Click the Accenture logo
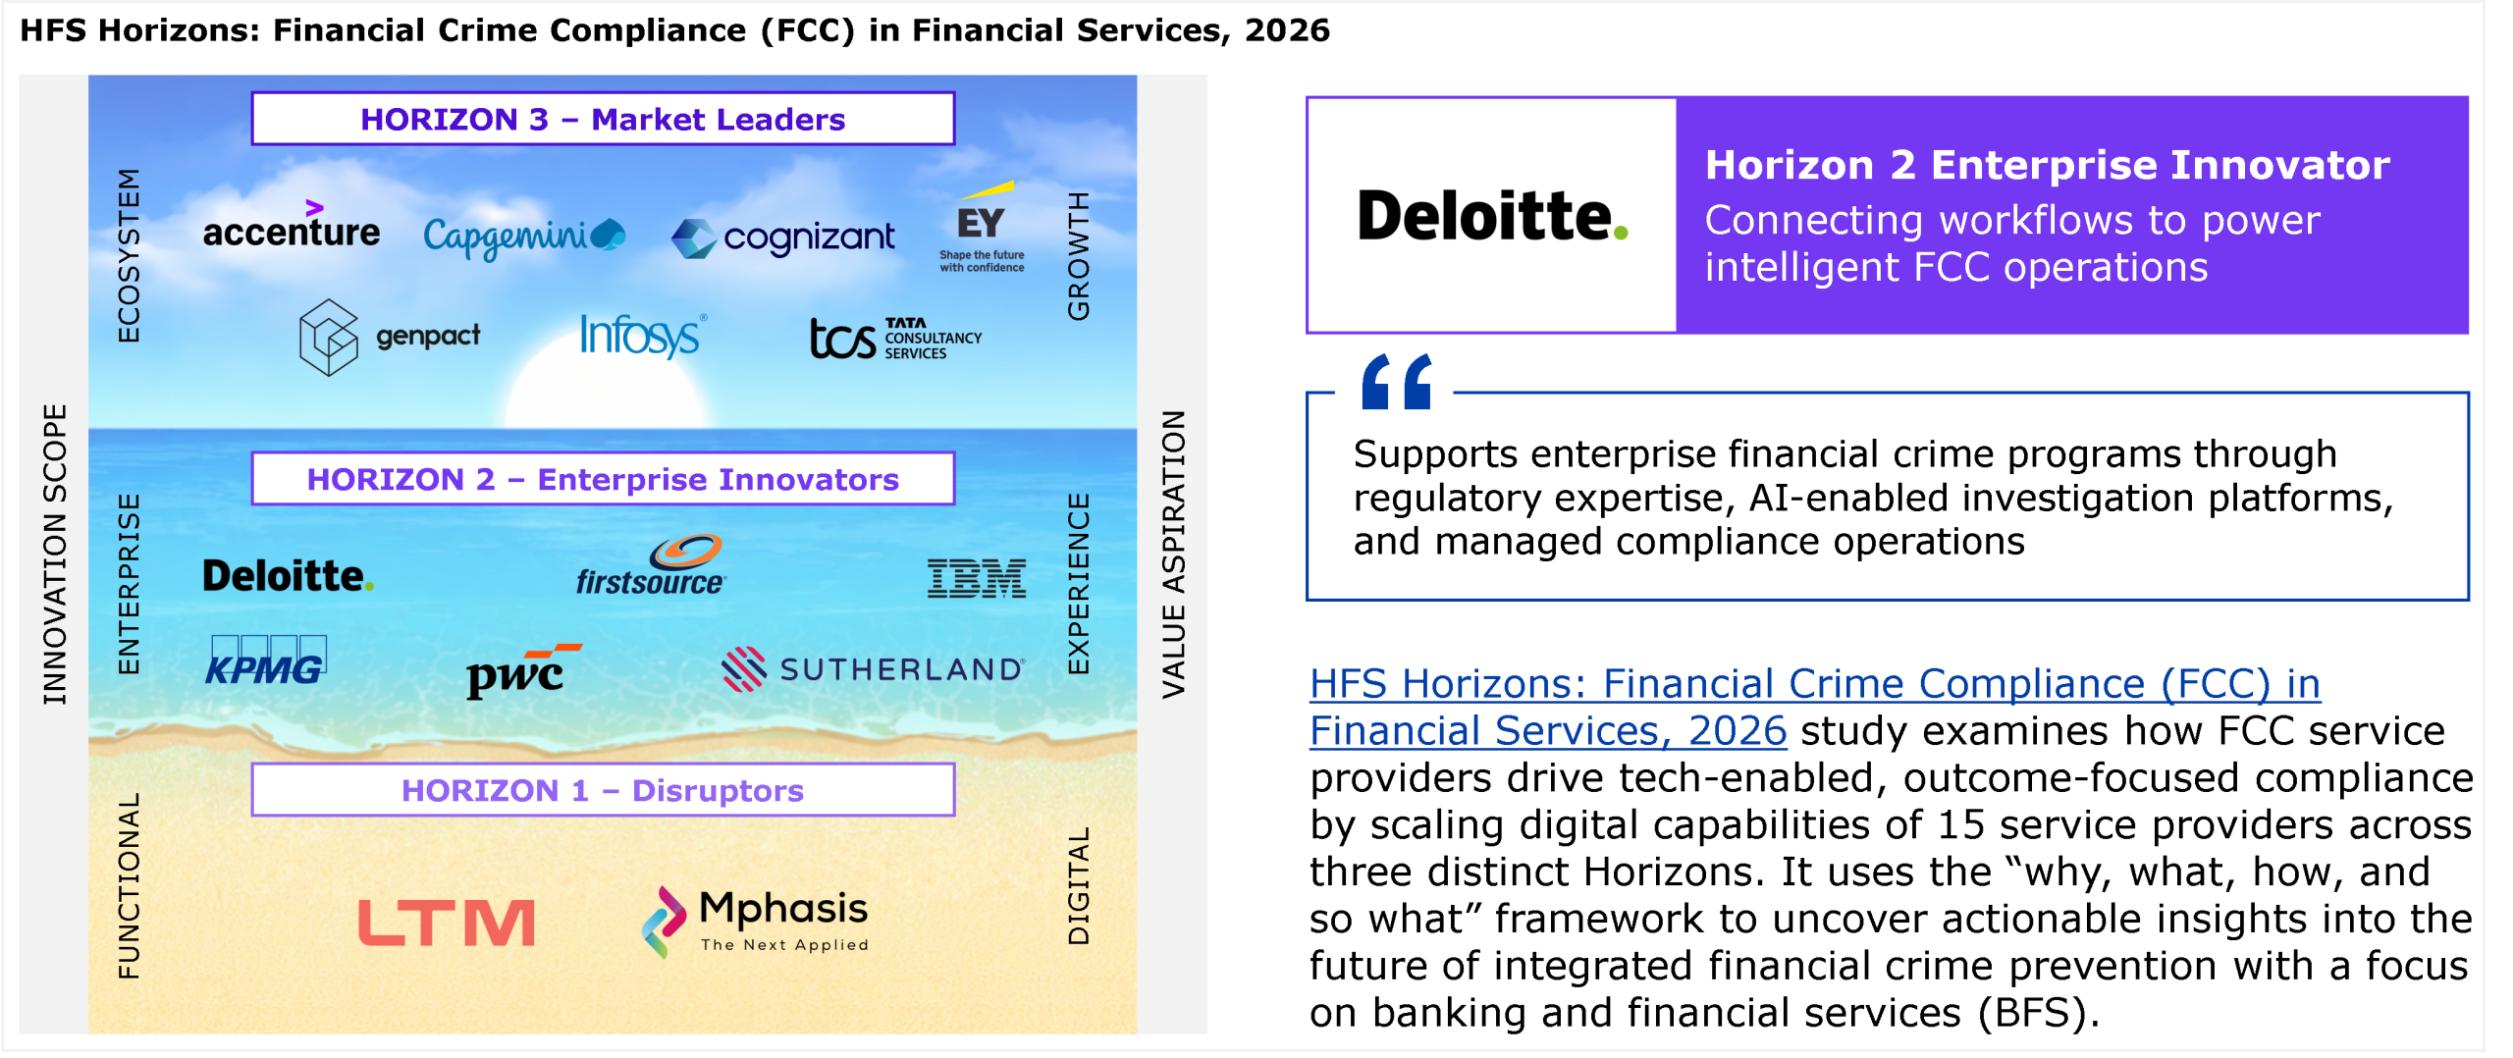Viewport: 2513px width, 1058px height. (x=291, y=226)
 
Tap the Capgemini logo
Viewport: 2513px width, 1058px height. (x=524, y=237)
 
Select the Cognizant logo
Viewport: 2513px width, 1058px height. (x=783, y=238)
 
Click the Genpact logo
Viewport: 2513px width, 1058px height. (x=390, y=337)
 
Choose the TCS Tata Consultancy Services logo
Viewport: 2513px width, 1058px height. (x=895, y=339)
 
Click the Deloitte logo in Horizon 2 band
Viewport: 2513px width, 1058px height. (x=288, y=576)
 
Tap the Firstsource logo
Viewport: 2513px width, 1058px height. (x=651, y=565)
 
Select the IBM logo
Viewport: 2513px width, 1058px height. (x=977, y=579)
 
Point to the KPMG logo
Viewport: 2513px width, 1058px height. (x=267, y=661)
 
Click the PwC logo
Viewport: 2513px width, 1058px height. (x=523, y=670)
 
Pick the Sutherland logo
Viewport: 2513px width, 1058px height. (x=873, y=669)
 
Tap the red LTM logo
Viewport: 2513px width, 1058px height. (x=447, y=924)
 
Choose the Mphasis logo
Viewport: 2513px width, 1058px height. (x=755, y=922)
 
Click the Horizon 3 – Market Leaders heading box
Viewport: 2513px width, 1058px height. (x=603, y=119)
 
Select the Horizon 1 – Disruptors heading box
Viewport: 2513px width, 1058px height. (x=603, y=790)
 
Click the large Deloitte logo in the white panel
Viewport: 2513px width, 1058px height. (x=1492, y=216)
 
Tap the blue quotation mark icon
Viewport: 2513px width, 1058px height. (x=1397, y=382)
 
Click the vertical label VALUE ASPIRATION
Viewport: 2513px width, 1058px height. (x=1174, y=555)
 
